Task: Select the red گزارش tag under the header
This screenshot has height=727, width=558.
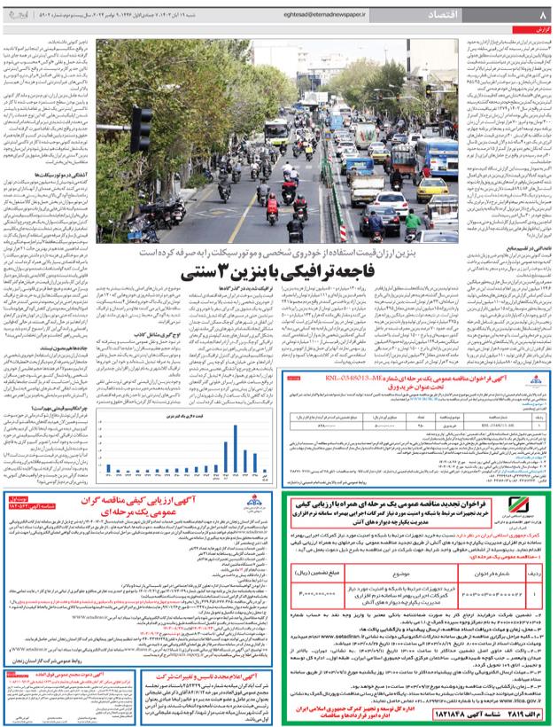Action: [x=535, y=33]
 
